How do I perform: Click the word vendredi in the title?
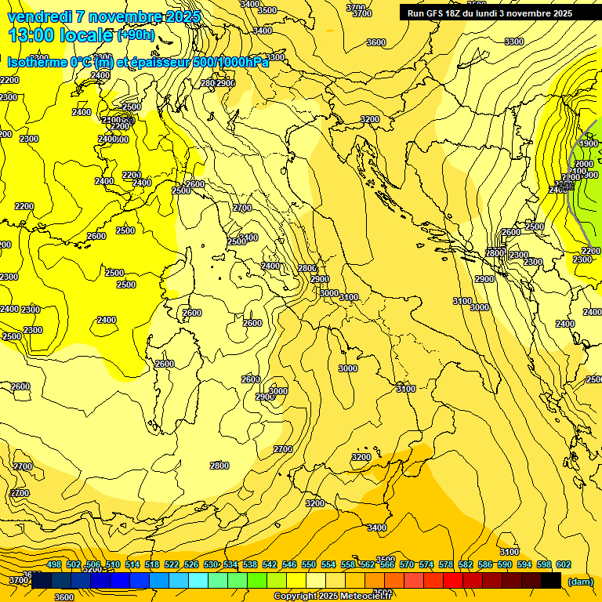click(38, 16)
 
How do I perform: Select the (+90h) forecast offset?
click(136, 35)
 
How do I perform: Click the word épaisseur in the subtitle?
click(155, 62)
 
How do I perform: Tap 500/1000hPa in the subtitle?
click(230, 62)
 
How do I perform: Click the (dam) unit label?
click(580, 581)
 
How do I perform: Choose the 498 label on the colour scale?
click(54, 564)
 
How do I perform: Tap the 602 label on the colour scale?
click(564, 564)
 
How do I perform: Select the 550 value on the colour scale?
click(309, 564)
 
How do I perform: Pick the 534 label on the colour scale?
click(230, 564)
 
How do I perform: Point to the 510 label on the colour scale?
click(113, 564)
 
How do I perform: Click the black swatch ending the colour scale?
click(551, 581)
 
